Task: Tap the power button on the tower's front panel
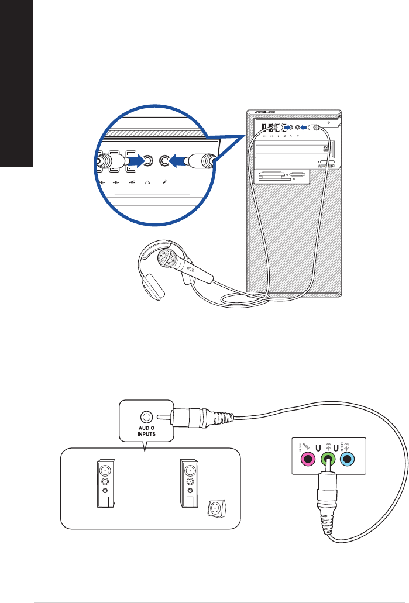coord(329,124)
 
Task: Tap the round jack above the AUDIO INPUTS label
coord(146,418)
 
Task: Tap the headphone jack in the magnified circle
coord(149,160)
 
